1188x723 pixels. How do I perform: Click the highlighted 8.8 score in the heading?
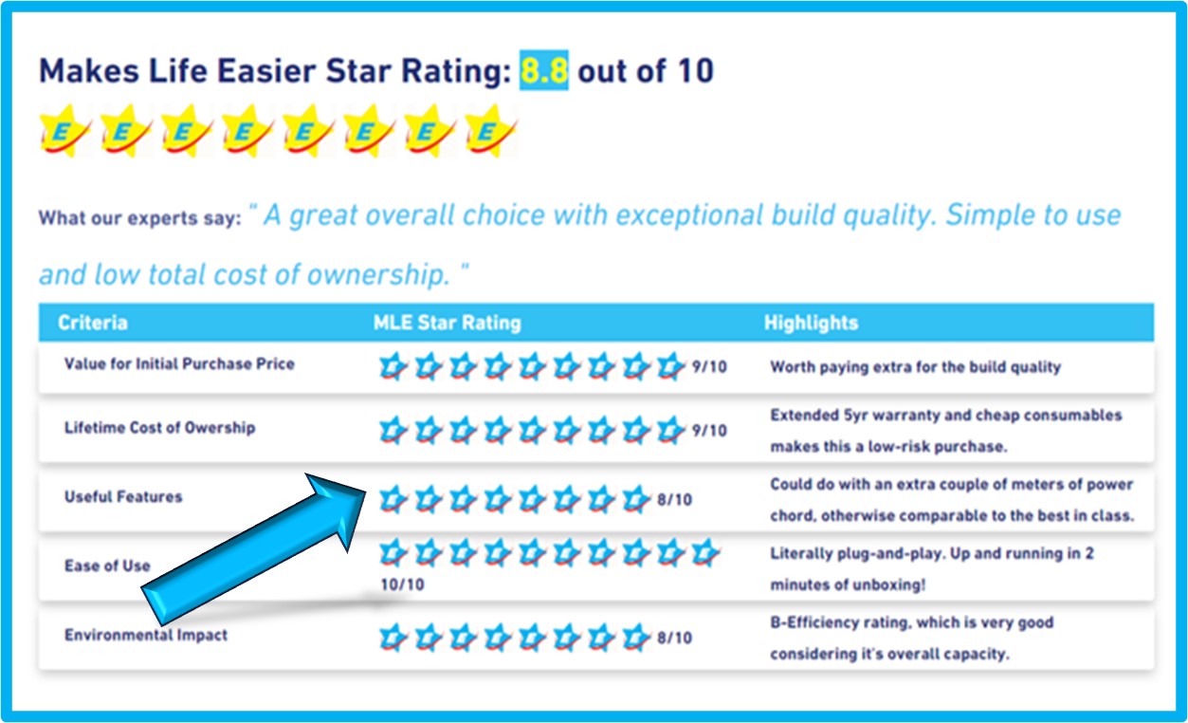click(543, 70)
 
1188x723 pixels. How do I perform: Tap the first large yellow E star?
click(64, 131)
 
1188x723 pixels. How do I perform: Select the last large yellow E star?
click(490, 131)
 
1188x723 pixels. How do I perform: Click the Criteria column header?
click(93, 323)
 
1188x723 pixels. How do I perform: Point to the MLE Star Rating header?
click(448, 323)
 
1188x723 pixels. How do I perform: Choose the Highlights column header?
click(811, 323)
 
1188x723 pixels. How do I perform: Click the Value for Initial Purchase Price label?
click(179, 364)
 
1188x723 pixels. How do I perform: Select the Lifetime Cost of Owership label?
click(159, 428)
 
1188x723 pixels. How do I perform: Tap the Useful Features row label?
click(123, 497)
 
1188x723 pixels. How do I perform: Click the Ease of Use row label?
click(107, 565)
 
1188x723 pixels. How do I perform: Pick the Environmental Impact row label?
click(146, 635)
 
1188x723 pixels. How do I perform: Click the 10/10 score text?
click(403, 584)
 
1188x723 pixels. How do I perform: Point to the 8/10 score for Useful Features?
click(675, 499)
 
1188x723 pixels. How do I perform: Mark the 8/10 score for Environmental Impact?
click(675, 638)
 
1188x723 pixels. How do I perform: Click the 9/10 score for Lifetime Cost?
click(709, 431)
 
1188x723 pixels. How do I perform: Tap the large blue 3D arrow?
click(253, 549)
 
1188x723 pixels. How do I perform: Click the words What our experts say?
click(140, 218)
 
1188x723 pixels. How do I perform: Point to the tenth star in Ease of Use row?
click(704, 552)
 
